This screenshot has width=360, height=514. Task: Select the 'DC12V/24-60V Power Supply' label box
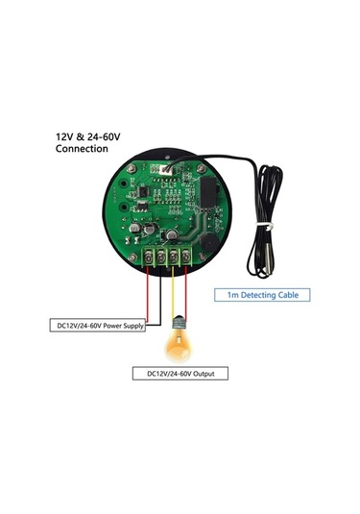[x=96, y=326]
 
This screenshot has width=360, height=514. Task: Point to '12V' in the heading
[x=64, y=137]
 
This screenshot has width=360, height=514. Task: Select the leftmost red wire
[x=148, y=293]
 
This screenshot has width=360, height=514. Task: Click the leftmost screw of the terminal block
[x=152, y=256]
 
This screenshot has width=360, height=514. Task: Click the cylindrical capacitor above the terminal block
[x=169, y=233]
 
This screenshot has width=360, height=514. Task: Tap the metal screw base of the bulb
[x=177, y=322]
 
